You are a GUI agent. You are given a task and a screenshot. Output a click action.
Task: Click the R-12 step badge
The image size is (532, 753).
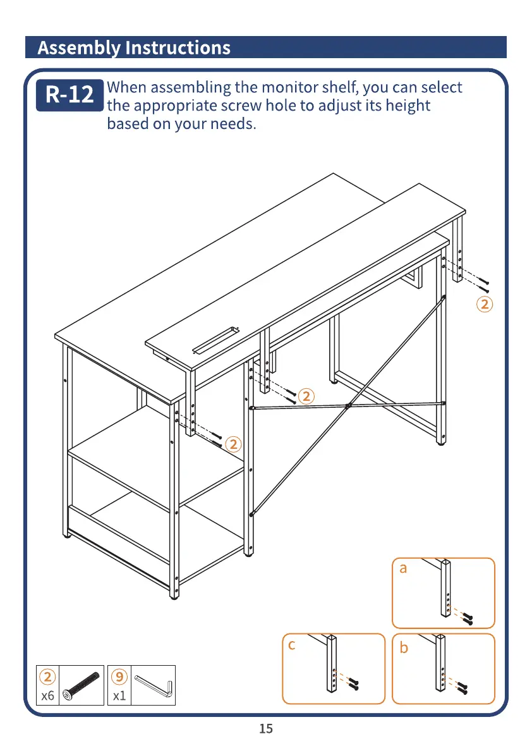(x=70, y=95)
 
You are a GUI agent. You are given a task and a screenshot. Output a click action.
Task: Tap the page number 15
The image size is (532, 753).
(x=266, y=729)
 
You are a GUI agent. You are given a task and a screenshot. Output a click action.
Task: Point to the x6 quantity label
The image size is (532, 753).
(x=47, y=696)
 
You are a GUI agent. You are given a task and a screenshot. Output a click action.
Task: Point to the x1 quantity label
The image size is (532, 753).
(x=119, y=696)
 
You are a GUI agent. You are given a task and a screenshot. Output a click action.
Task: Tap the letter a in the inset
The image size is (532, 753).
(x=403, y=568)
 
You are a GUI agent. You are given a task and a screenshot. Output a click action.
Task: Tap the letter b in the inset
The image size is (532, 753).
(x=404, y=648)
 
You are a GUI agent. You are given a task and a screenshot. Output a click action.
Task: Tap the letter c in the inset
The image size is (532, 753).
(x=291, y=646)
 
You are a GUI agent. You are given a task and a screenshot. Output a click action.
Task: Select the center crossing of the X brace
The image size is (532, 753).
(x=348, y=405)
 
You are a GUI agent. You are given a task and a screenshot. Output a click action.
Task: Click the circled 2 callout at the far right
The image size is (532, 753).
(x=484, y=304)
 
